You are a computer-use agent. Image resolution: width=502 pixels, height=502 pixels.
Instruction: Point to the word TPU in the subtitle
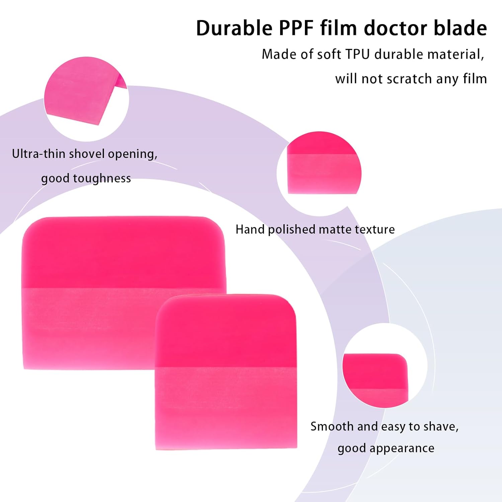(x=357, y=54)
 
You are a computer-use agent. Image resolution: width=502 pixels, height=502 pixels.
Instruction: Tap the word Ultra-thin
(x=38, y=154)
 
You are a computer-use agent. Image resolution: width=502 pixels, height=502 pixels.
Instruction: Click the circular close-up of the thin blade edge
(x=86, y=99)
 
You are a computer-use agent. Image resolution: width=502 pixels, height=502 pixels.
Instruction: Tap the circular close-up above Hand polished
(x=319, y=173)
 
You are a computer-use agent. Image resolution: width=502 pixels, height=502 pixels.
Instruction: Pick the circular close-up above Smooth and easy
(x=385, y=365)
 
